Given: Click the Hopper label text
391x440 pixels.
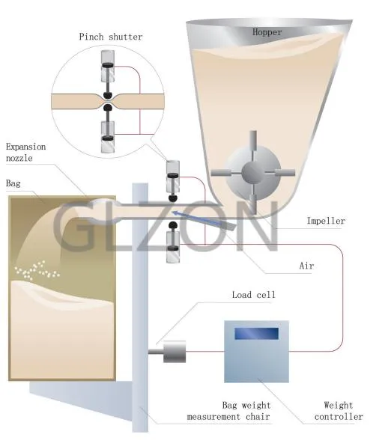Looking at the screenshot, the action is [267, 32].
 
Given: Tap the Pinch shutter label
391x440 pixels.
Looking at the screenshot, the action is [111, 37].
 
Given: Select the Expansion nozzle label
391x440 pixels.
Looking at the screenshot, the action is [25, 153].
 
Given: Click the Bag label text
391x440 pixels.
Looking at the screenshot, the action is [13, 183].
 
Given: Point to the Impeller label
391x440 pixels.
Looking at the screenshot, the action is [326, 221].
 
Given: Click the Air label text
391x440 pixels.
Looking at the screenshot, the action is [306, 266].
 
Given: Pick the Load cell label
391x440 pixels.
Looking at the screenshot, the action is [254, 295].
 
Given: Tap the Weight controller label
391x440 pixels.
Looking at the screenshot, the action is [339, 411].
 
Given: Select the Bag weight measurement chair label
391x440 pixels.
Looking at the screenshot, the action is [229, 411].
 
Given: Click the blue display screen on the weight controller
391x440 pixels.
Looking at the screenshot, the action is [256, 334].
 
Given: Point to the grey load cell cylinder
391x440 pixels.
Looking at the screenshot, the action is [175, 352].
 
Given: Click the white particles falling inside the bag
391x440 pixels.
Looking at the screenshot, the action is [37, 271].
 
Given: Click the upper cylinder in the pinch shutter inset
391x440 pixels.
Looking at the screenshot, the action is [108, 66].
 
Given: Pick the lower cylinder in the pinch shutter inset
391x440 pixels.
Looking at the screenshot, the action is [108, 137].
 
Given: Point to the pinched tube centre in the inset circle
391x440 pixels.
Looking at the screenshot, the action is [108, 101].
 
